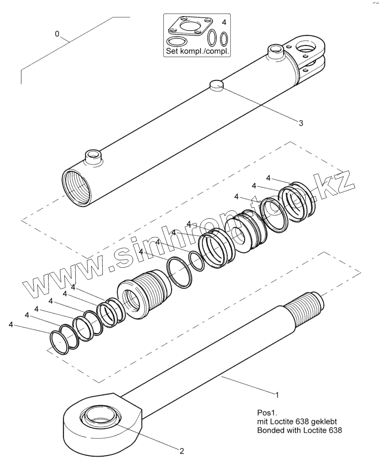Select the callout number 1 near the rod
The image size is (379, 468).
276,394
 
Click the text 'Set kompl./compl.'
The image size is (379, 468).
197,51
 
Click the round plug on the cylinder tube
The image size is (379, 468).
217,84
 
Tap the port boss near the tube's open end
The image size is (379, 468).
93,156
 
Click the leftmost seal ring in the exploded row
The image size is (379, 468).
58,341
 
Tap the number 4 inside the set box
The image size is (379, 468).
224,21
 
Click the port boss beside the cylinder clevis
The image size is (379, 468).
275,51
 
